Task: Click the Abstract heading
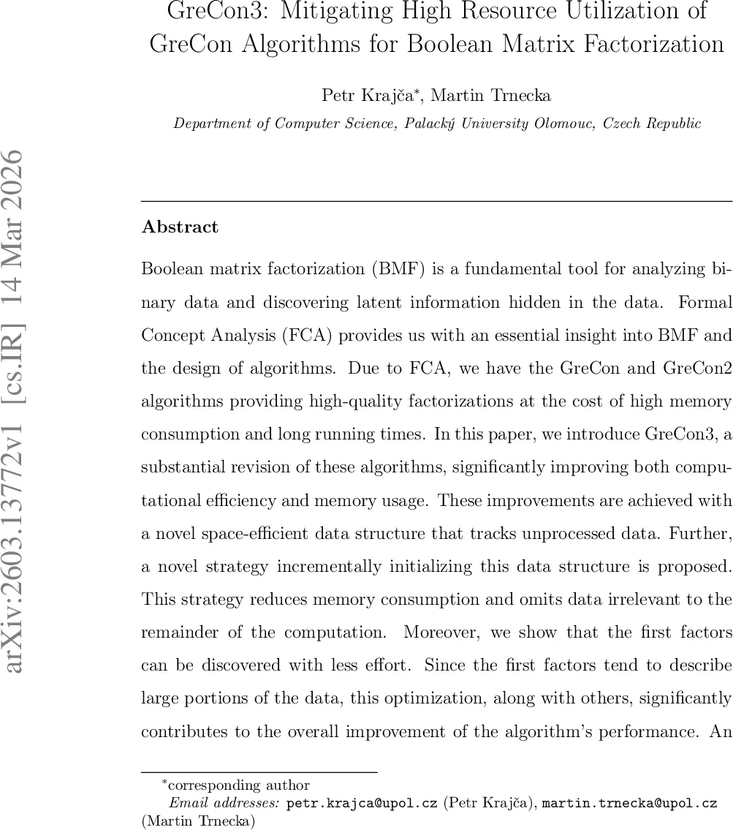tap(180, 227)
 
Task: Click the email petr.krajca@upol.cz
tap(362, 803)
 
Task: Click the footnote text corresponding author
tap(239, 785)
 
